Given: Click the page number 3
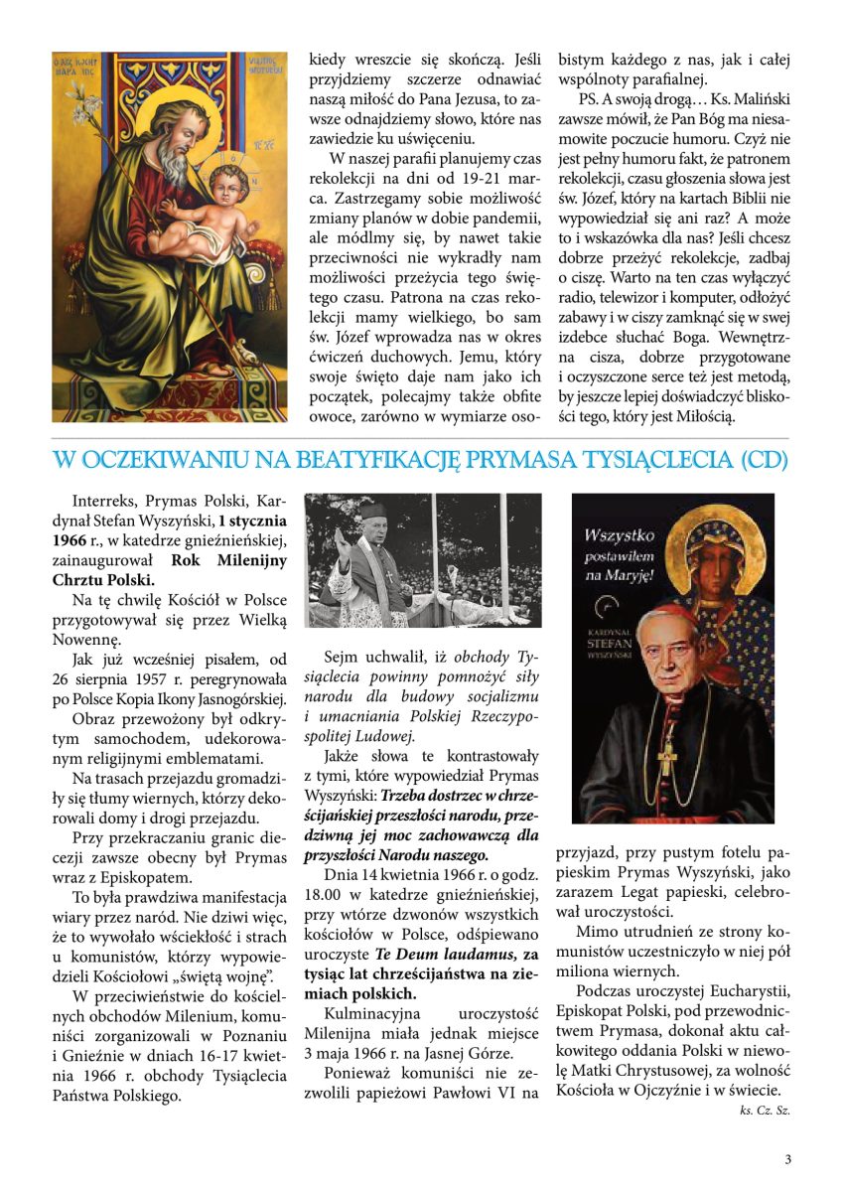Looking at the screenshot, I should [x=787, y=1158].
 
